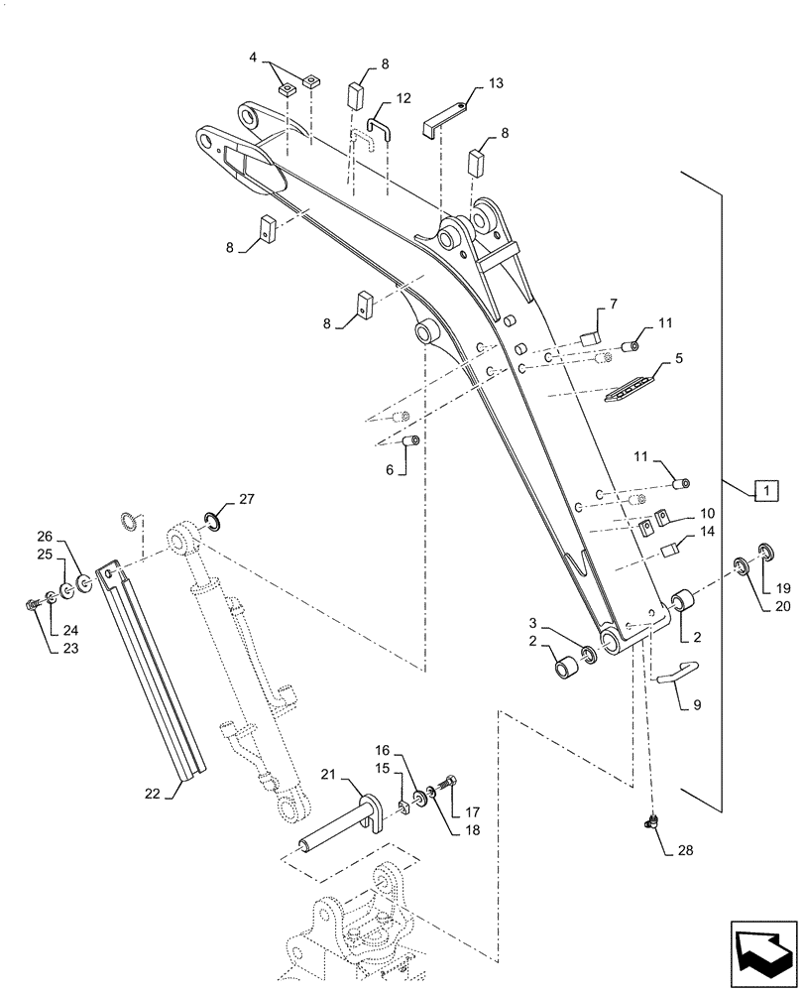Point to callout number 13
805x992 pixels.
tap(496, 86)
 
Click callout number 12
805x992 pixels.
tap(402, 99)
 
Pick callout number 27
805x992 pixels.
tap(248, 499)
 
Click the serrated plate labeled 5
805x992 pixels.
tap(631, 386)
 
